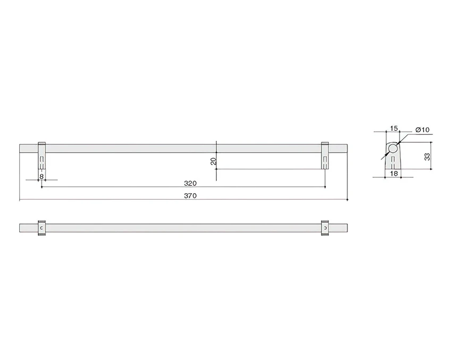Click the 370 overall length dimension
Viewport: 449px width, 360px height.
pyautogui.click(x=190, y=196)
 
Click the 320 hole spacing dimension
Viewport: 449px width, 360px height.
pyautogui.click(x=190, y=183)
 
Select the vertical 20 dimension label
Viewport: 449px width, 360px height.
pyautogui.click(x=213, y=161)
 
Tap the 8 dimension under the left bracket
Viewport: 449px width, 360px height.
pyautogui.click(x=41, y=177)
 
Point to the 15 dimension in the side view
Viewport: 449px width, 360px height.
pyautogui.click(x=394, y=128)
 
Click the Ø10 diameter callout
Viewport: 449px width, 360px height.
pyautogui.click(x=422, y=130)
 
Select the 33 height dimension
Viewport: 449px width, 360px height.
pyautogui.click(x=427, y=157)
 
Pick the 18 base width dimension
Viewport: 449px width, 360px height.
pyautogui.click(x=394, y=174)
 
